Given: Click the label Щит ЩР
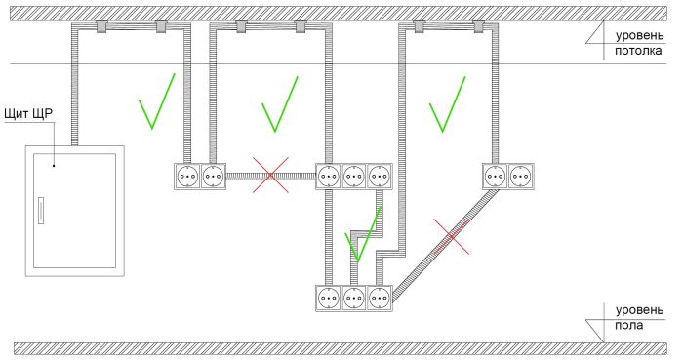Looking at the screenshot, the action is click(28, 114).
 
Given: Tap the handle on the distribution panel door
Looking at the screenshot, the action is click(41, 211).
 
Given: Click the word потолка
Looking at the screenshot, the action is click(638, 51).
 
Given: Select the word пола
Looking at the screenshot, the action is click(629, 325).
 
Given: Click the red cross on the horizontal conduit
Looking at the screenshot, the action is click(270, 175).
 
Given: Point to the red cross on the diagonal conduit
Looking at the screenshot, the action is click(451, 236).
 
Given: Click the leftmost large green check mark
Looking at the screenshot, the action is click(157, 101).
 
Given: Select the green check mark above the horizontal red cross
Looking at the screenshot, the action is click(280, 104).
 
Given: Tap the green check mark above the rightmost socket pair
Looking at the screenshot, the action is click(447, 104).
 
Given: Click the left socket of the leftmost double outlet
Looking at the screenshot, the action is click(187, 177).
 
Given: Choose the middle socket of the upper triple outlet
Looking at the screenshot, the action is click(354, 177).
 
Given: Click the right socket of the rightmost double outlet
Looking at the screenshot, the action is click(521, 177).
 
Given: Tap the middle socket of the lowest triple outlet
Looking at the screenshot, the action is click(354, 299).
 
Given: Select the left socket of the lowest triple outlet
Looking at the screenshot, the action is click(329, 299).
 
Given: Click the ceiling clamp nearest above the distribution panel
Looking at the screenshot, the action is click(101, 27).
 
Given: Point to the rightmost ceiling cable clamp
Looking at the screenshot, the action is click(479, 27).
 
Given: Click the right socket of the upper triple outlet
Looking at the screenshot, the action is click(380, 177).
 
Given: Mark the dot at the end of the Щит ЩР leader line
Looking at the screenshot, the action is click(54, 166).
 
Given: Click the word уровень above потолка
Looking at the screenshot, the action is click(639, 36).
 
